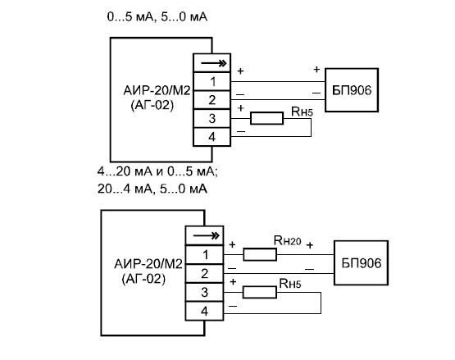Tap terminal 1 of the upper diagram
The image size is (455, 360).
[x=212, y=81]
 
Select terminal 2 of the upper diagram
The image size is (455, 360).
[x=212, y=100]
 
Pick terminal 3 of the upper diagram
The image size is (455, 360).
[x=212, y=118]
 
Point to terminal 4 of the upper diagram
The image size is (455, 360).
[x=212, y=137]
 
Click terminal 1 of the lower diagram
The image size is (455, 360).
[x=204, y=254]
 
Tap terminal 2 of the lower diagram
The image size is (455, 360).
[x=204, y=273]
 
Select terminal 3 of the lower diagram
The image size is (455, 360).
[x=204, y=293]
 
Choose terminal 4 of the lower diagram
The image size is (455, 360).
[x=204, y=312]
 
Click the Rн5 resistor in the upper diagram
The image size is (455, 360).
[x=266, y=118]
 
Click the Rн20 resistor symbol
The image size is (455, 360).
[x=260, y=254]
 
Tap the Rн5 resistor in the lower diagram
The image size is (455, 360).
[x=260, y=292]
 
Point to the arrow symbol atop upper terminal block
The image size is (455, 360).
[x=214, y=63]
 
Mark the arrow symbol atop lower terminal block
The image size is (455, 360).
[x=206, y=235]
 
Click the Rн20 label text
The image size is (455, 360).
[x=287, y=240]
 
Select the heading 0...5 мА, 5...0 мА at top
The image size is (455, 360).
[x=157, y=16]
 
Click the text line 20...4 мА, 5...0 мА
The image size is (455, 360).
[x=152, y=189]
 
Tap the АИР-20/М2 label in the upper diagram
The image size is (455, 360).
[x=157, y=90]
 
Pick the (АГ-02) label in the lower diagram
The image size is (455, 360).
[x=143, y=279]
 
